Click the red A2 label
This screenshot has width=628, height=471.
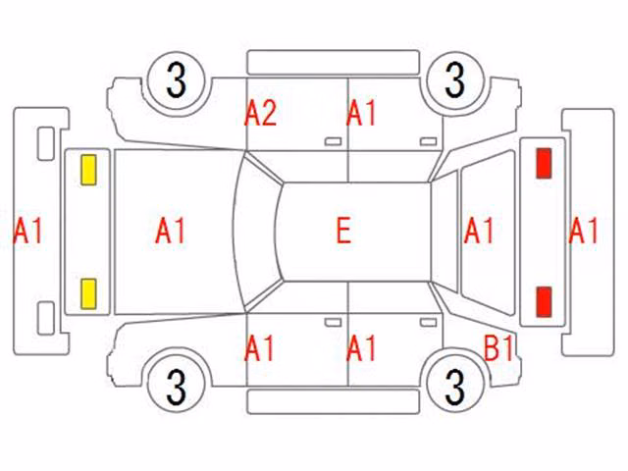[x=260, y=113]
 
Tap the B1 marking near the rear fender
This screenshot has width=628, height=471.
[x=498, y=347]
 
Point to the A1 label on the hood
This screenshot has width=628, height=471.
[x=170, y=231]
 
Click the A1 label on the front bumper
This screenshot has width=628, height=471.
[x=28, y=231]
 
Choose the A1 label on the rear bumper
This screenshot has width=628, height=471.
[x=583, y=231]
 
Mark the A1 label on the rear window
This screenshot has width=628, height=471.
[x=479, y=231]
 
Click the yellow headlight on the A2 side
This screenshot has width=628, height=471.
[x=88, y=170]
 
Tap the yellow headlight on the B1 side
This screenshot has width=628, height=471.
[x=88, y=294]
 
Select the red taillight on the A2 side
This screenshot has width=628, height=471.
[x=544, y=163]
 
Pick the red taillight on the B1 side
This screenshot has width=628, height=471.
[x=544, y=302]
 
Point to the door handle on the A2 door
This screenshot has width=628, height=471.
[x=333, y=141]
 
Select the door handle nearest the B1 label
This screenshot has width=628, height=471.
[x=428, y=323]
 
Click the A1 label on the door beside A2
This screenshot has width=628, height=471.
[x=361, y=113]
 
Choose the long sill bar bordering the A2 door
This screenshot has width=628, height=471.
[x=334, y=63]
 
